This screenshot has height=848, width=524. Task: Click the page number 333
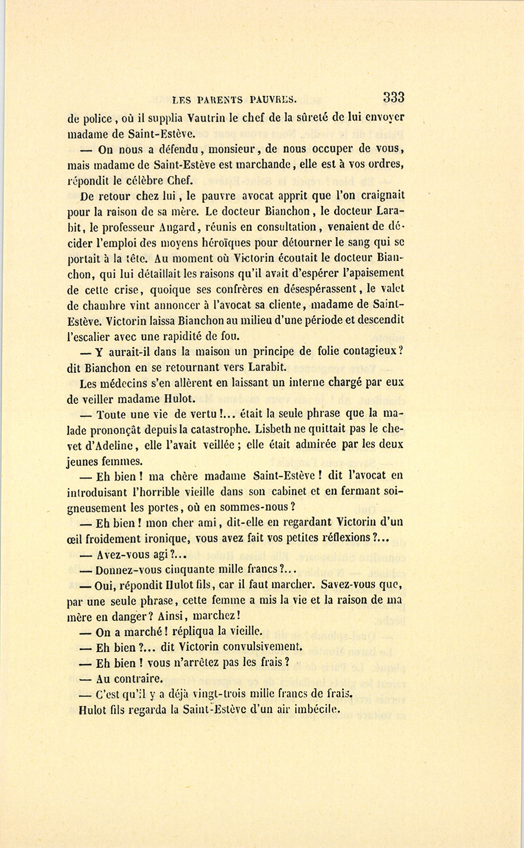pyautogui.click(x=394, y=98)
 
